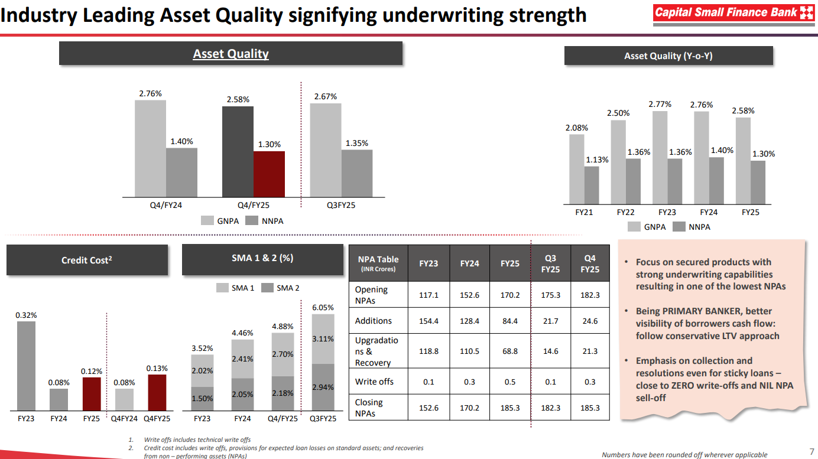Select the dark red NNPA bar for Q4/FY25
(x=269, y=174)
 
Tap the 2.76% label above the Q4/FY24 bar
(x=150, y=93)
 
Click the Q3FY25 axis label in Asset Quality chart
(x=340, y=205)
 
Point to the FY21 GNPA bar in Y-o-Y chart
(x=577, y=170)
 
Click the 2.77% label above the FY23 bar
(x=660, y=104)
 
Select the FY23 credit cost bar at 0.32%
(x=26, y=366)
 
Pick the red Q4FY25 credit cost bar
(x=157, y=393)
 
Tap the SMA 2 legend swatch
(x=267, y=288)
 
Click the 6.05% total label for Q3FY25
(x=323, y=308)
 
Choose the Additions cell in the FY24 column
(x=469, y=321)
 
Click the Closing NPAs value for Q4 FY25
(x=590, y=408)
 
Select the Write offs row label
(x=374, y=382)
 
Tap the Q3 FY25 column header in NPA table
(x=550, y=263)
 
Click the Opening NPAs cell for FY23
(x=429, y=295)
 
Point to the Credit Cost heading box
(x=87, y=260)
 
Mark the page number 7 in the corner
(x=811, y=451)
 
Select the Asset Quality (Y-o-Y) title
(x=668, y=56)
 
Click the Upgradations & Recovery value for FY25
(x=510, y=351)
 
